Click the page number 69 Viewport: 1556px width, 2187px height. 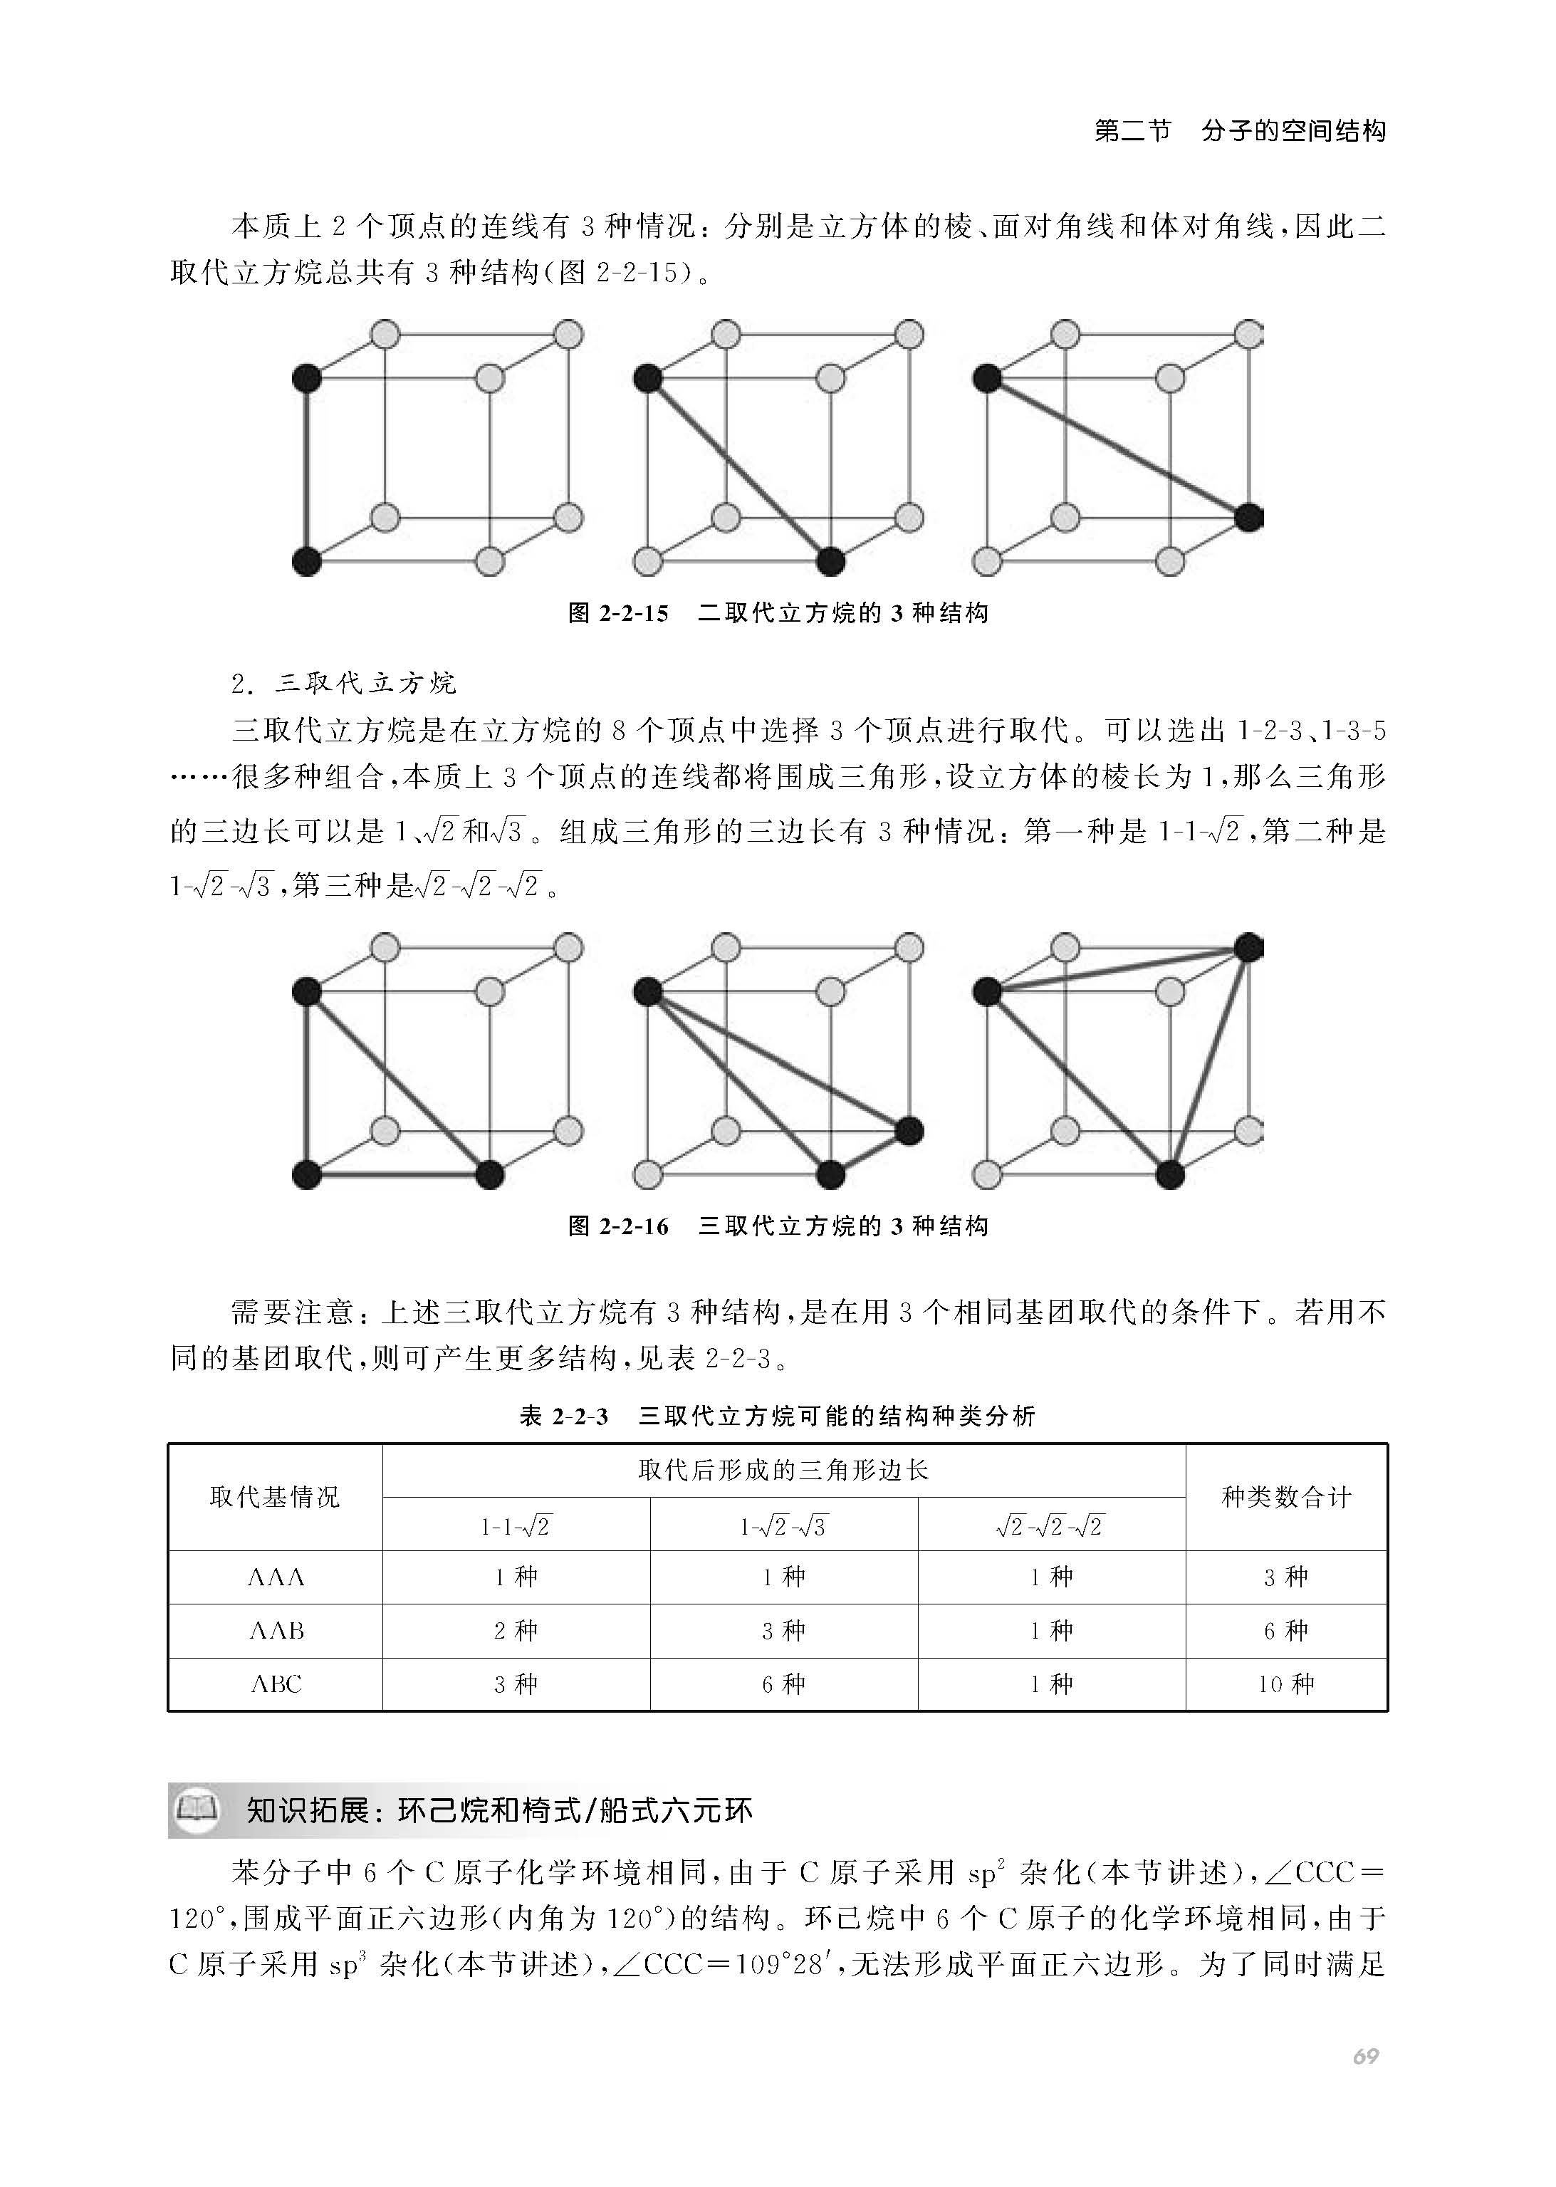(x=1364, y=2057)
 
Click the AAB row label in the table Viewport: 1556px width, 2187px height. (x=276, y=1630)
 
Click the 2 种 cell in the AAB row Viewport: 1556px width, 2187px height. (x=516, y=1630)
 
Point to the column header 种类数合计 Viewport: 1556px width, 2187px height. (x=1286, y=1497)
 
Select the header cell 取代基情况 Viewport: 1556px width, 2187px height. (x=275, y=1497)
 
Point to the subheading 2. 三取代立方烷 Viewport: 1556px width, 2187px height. (x=344, y=683)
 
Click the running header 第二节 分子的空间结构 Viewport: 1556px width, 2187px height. (x=1240, y=131)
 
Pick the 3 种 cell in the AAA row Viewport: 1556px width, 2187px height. (x=1286, y=1577)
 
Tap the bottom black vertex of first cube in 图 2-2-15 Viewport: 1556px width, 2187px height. (x=306, y=561)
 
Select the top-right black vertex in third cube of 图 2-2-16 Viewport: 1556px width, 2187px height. (x=1248, y=949)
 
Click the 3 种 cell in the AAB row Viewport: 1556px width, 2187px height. (x=783, y=1630)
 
